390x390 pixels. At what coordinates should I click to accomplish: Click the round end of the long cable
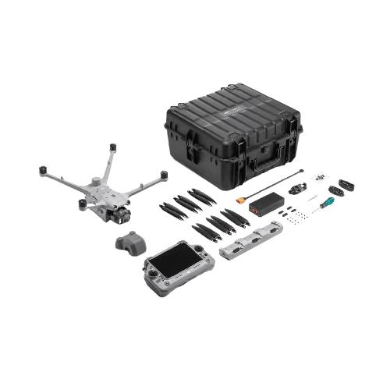(301, 170)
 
